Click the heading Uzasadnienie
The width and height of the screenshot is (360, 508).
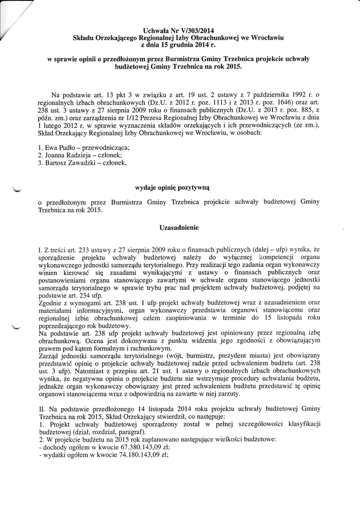pyautogui.click(x=179, y=227)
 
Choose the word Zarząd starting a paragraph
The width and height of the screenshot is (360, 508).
pyautogui.click(x=49, y=355)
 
